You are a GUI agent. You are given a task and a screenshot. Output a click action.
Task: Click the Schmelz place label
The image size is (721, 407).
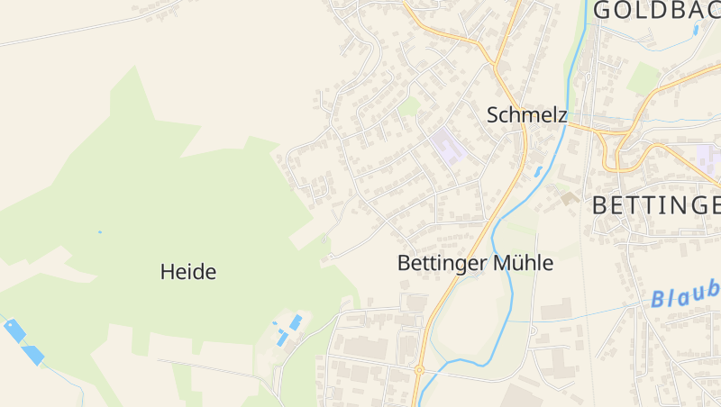(x=526, y=115)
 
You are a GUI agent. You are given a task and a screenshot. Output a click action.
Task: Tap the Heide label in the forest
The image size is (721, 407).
(x=188, y=271)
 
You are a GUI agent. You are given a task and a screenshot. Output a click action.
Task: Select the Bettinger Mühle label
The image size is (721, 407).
(x=475, y=264)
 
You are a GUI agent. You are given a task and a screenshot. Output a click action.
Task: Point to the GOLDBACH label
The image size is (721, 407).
(x=657, y=10)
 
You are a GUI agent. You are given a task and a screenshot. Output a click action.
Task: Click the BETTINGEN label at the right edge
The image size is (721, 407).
(x=656, y=204)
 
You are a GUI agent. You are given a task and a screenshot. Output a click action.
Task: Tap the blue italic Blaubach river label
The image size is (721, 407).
(x=687, y=294)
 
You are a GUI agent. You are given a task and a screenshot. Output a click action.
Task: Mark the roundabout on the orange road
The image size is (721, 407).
(x=419, y=369)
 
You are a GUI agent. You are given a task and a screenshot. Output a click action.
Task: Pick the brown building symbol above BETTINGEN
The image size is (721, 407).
(x=569, y=197)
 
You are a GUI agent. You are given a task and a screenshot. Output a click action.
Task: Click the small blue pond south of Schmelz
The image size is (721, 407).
(x=538, y=170)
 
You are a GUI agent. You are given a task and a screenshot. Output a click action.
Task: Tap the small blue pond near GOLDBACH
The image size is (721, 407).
(x=696, y=30)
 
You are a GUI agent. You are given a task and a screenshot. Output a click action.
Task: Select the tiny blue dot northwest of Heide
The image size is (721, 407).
(x=99, y=232)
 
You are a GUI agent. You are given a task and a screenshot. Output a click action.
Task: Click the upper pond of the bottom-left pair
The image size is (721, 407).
(x=14, y=330)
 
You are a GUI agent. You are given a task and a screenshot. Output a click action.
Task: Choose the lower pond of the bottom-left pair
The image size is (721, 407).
(x=33, y=355)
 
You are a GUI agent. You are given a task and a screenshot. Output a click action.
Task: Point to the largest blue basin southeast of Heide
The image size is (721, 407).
(x=296, y=321)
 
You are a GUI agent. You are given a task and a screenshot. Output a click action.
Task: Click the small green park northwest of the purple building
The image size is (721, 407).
(x=410, y=107)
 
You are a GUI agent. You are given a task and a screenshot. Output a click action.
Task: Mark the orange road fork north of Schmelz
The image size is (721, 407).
(x=494, y=65)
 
